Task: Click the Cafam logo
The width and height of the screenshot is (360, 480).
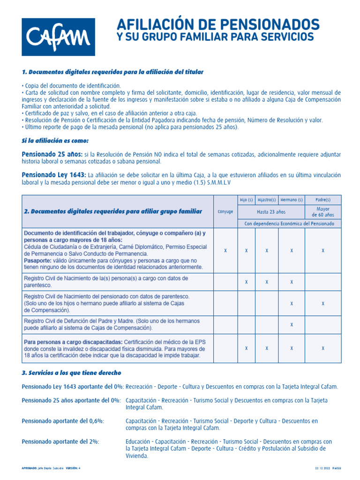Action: pyautogui.click(x=58, y=37)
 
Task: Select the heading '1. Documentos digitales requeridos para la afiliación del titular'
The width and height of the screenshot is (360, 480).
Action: pyautogui.click(x=112, y=72)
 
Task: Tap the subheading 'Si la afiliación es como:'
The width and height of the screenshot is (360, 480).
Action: pyautogui.click(x=55, y=140)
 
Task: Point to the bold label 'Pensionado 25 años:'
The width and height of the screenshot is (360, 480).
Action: pyautogui.click(x=52, y=154)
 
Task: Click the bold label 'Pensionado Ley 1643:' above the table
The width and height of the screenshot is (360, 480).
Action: pyautogui.click(x=54, y=175)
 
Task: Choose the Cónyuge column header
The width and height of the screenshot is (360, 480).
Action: pyautogui.click(x=225, y=211)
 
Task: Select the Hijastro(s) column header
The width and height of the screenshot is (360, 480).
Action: pyautogui.click(x=267, y=200)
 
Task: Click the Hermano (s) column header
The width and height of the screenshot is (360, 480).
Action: pyautogui.click(x=292, y=200)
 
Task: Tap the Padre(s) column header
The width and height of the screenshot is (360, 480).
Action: pyautogui.click(x=323, y=200)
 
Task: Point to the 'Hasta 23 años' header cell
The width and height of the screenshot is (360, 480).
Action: pyautogui.click(x=271, y=211)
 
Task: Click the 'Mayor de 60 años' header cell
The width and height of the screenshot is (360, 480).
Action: pyautogui.click(x=323, y=211)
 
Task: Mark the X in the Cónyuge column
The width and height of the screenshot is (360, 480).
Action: pyautogui.click(x=225, y=251)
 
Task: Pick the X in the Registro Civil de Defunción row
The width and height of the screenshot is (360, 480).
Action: pyautogui.click(x=292, y=324)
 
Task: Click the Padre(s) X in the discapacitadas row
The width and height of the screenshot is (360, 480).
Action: pyautogui.click(x=323, y=348)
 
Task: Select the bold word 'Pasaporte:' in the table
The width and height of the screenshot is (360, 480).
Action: pyautogui.click(x=37, y=260)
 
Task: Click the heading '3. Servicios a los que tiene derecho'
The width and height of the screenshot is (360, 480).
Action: pyautogui.click(x=71, y=373)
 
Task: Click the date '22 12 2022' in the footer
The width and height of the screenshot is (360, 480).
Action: pyautogui.click(x=322, y=468)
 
